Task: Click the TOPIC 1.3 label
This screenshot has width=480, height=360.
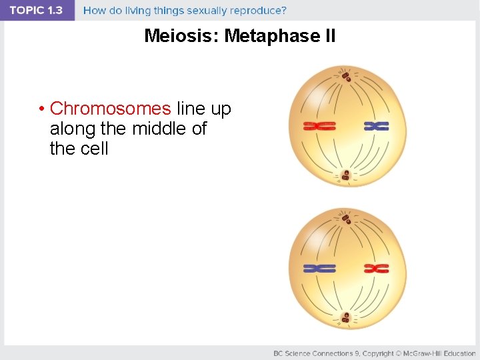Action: [37, 11]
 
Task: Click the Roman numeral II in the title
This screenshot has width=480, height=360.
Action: [329, 36]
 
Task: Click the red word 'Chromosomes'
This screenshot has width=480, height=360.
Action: [110, 108]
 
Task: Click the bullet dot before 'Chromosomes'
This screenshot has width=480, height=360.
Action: [41, 109]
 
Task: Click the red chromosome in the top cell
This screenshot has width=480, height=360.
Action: [319, 126]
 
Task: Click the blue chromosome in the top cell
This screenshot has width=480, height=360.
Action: [377, 126]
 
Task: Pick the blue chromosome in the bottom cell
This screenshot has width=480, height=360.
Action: [319, 268]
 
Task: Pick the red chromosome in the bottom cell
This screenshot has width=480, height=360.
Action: [377, 268]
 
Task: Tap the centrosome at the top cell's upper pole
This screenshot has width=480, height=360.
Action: [346, 77]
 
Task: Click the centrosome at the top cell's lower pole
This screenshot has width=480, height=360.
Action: [345, 176]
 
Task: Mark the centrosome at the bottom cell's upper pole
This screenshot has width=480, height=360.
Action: [346, 219]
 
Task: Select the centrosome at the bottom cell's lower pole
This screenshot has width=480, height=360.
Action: [345, 319]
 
